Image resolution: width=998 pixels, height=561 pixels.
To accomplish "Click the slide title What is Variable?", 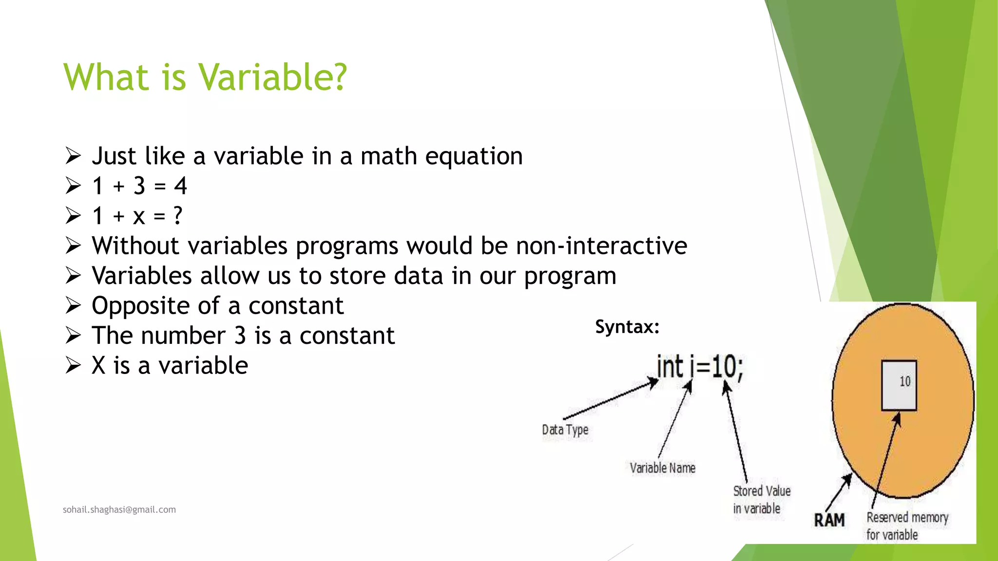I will point(205,77).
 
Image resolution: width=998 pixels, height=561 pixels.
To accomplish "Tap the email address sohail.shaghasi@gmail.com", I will point(119,509).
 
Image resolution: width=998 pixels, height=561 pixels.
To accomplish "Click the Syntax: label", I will point(627,326).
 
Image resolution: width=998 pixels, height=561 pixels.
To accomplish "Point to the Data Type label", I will point(565,430).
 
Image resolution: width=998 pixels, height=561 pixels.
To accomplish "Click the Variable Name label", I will point(662,468).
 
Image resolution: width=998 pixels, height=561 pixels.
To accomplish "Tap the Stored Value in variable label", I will point(761,500).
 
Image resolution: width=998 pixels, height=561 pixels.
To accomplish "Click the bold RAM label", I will point(829,520).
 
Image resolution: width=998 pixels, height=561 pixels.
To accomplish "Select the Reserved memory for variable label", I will point(906,526).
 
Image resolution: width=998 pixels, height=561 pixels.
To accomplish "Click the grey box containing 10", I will point(899,385).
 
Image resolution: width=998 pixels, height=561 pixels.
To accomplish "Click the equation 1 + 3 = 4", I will point(139,186).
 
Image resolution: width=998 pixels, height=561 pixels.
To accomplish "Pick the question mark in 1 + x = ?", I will point(178,215).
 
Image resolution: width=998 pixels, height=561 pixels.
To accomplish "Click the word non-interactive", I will point(601,245).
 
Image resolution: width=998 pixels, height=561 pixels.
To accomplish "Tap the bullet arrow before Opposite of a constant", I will point(73,306).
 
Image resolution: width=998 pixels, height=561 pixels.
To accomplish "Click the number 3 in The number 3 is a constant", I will point(240,336).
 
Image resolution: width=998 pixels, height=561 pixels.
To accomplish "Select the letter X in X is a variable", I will point(98,365).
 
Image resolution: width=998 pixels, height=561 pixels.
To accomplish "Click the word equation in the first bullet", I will point(474,156).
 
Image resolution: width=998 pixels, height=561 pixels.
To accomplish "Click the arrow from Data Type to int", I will point(609,400).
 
